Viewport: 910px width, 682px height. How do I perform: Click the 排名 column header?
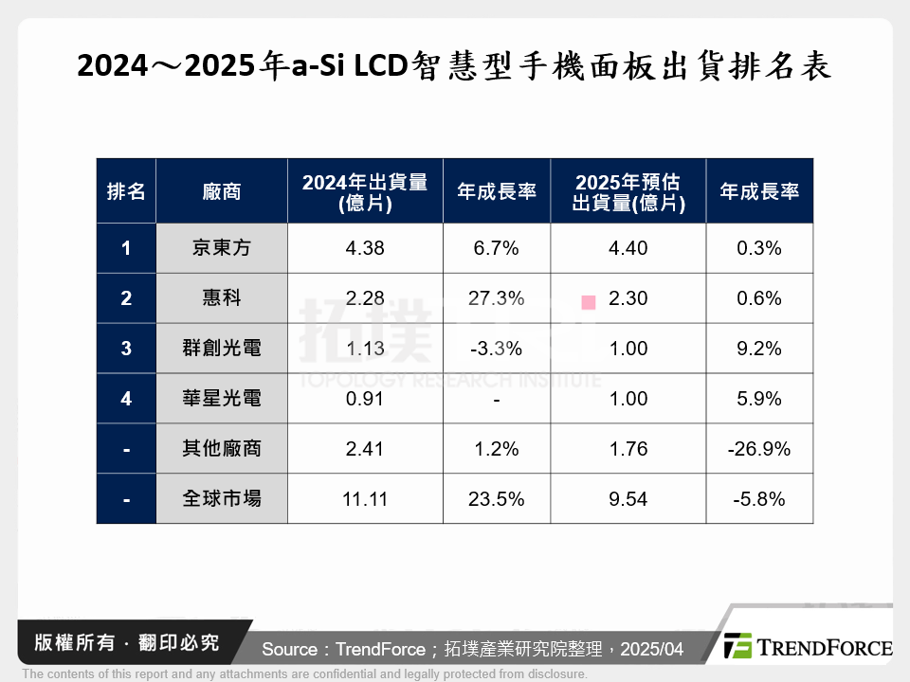pos(126,190)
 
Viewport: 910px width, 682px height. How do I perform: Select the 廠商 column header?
pos(222,190)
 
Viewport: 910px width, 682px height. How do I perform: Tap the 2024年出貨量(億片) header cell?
pos(365,190)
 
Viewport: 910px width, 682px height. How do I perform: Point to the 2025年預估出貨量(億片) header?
pos(628,190)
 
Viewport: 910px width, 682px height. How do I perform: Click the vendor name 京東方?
pos(222,248)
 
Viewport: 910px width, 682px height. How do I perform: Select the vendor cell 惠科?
pos(222,298)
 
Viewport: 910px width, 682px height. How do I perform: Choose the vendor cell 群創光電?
pos(222,349)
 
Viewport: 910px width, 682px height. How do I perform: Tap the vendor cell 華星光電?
pos(222,399)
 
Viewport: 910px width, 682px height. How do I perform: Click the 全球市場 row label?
pos(222,498)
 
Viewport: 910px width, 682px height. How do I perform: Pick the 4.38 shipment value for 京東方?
pos(365,248)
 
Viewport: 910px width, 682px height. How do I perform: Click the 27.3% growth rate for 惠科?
pos(496,298)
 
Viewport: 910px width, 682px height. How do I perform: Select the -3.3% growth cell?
pos(496,349)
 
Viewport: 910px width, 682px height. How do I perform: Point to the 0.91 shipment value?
pos(365,399)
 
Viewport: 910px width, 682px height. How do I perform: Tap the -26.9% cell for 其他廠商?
pos(758,449)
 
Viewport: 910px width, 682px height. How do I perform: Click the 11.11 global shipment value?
pos(365,498)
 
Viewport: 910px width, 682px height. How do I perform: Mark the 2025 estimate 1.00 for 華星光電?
pos(628,399)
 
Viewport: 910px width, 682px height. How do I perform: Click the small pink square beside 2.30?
pos(589,302)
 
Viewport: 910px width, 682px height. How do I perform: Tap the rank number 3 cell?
pos(126,349)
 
